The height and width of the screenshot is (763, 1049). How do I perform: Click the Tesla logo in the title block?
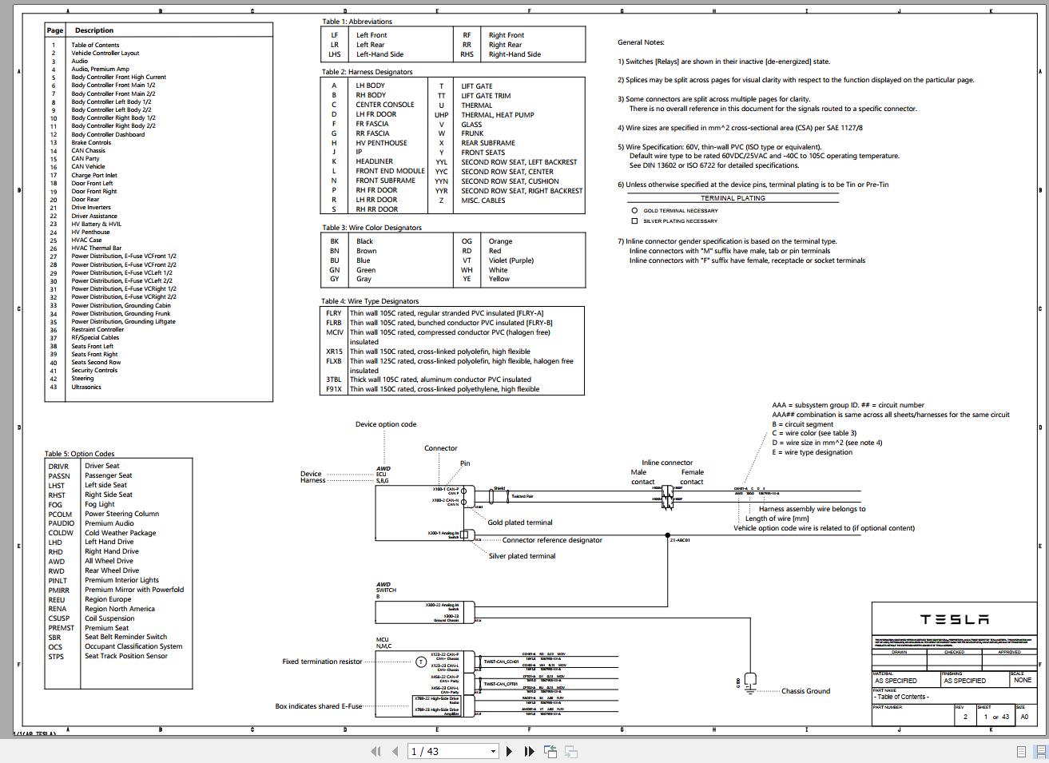954,619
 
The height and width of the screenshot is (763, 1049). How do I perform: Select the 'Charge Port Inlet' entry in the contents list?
93,175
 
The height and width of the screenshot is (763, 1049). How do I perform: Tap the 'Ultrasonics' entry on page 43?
86,387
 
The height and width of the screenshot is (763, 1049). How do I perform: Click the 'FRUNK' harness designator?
472,133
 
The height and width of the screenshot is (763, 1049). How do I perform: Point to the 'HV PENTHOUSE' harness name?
381,143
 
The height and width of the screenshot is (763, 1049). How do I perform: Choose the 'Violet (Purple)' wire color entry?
511,260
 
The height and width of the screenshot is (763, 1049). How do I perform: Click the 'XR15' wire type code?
334,352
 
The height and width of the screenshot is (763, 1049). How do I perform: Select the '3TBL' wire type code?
334,380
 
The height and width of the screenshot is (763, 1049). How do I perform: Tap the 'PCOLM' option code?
60,514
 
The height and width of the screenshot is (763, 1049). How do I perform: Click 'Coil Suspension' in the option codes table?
109,618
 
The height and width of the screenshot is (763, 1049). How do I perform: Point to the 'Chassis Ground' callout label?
805,691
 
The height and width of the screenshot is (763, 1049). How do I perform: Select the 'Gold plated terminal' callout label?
520,523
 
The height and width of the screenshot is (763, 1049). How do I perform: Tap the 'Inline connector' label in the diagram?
667,463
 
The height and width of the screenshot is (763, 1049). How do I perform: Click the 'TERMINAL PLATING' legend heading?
733,198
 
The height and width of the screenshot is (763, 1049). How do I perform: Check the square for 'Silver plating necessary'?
634,221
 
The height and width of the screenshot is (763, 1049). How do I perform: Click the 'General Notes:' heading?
641,42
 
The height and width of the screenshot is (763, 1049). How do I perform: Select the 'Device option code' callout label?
386,424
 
